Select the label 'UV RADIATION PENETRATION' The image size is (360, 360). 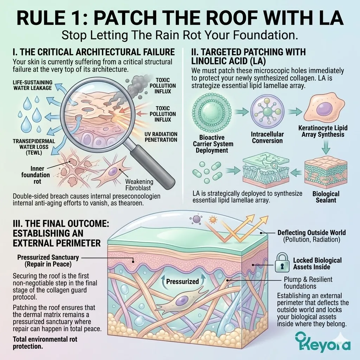(x=161, y=137)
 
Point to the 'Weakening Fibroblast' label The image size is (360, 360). (x=140, y=185)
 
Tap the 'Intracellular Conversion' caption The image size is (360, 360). (x=267, y=137)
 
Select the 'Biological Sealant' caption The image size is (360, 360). (x=326, y=197)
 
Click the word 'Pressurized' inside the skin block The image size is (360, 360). (x=182, y=281)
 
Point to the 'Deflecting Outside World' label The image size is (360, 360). (x=311, y=233)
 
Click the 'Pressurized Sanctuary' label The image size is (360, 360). (x=48, y=261)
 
